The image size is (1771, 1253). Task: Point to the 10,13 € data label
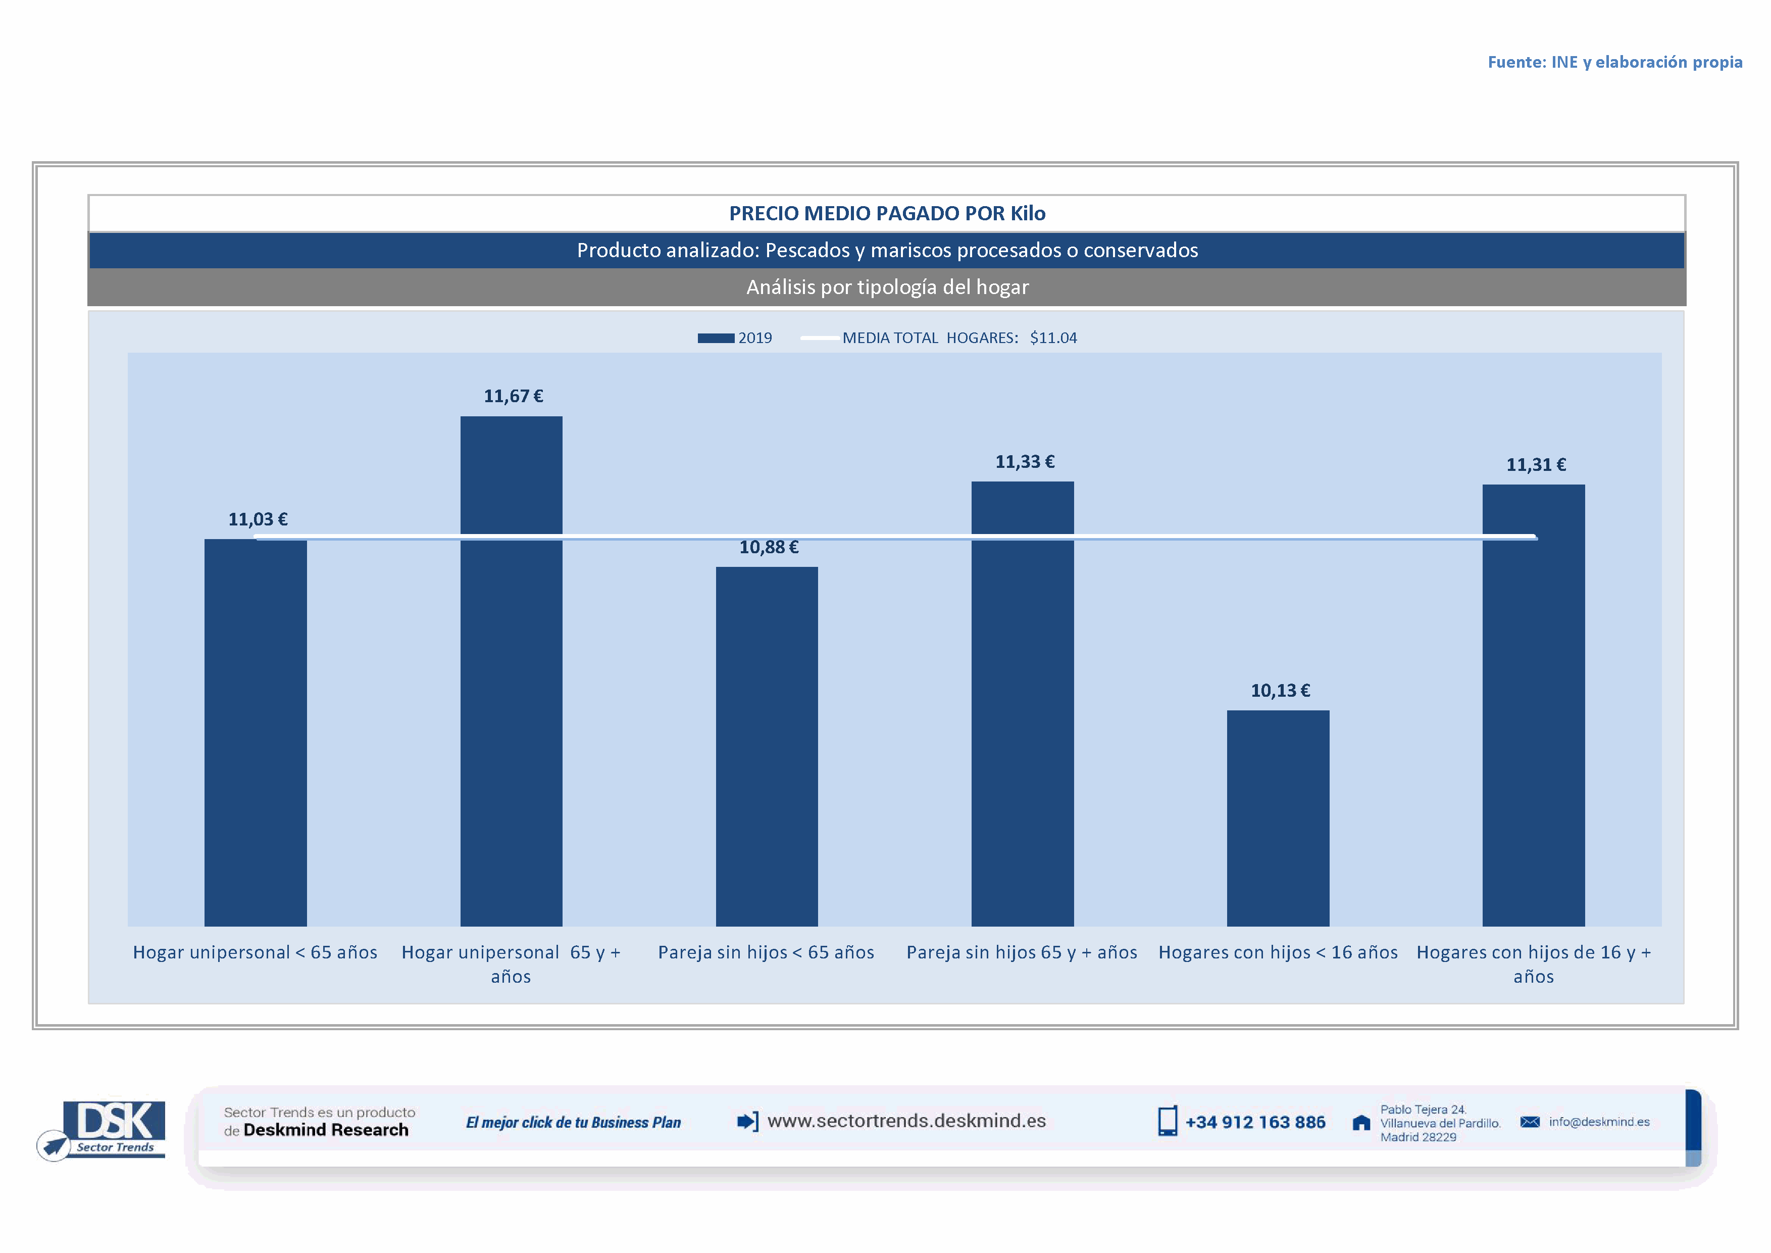tap(1280, 691)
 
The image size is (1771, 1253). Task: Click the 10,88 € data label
tap(768, 547)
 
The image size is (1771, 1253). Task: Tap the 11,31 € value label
tap(1536, 464)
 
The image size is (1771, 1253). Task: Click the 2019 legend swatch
tap(715, 338)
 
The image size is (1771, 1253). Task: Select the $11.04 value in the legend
tap(1053, 338)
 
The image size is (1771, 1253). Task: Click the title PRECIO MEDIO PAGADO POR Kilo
tap(887, 213)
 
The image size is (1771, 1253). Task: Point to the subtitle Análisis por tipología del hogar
tap(887, 287)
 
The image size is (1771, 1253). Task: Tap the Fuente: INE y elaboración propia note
tap(1614, 62)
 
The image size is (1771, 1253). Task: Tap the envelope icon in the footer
tap(1530, 1122)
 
